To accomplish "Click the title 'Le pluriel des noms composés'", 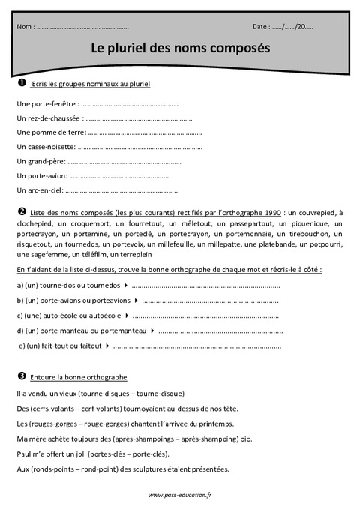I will (x=180, y=47).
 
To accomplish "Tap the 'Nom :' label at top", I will (x=25, y=27).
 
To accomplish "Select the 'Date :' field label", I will (x=262, y=27).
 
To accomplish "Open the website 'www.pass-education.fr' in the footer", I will (x=180, y=495).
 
